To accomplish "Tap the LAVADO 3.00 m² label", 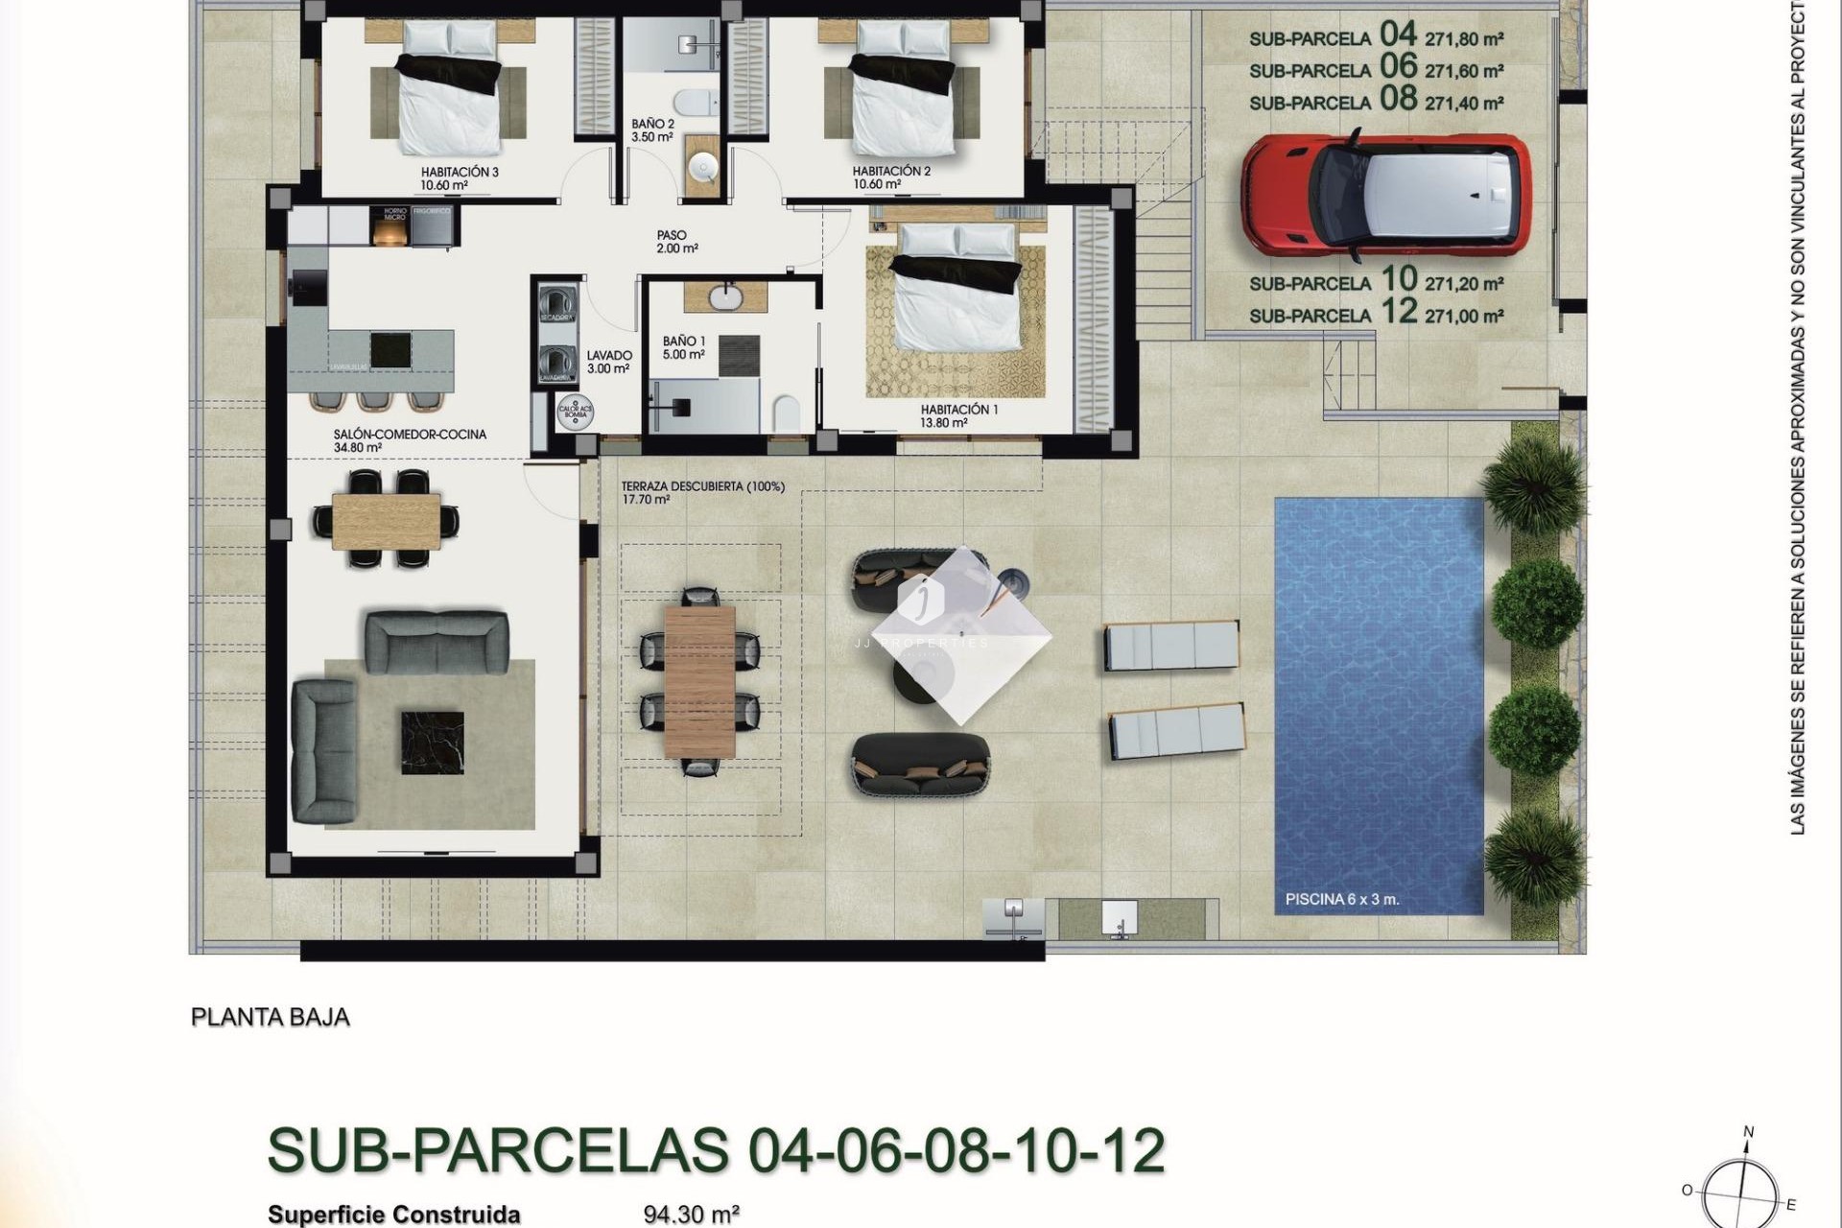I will tap(608, 362).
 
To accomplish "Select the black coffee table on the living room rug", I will tap(432, 742).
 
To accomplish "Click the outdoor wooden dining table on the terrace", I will tap(699, 681).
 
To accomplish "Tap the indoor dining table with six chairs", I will tap(387, 519).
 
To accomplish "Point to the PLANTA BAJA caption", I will tap(271, 1017).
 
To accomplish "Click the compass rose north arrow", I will tap(1748, 1134).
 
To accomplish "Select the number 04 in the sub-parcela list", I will tap(1398, 35).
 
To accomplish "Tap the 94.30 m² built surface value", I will tap(691, 1215).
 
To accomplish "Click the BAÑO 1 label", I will tap(684, 347).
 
